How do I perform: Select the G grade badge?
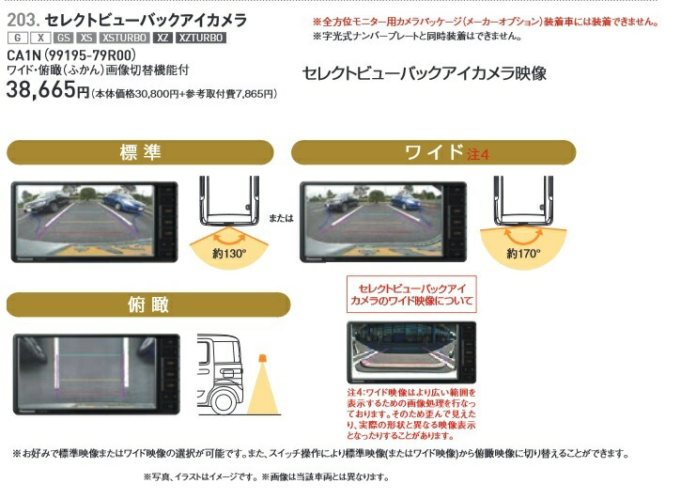click(17, 38)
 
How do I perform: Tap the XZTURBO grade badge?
click(198, 38)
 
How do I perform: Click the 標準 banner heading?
click(140, 152)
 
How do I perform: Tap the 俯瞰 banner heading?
click(140, 304)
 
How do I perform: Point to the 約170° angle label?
click(523, 254)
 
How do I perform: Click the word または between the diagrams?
click(283, 217)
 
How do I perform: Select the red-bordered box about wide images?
click(411, 293)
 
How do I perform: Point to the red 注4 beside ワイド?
click(478, 154)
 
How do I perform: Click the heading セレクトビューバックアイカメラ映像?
click(424, 73)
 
